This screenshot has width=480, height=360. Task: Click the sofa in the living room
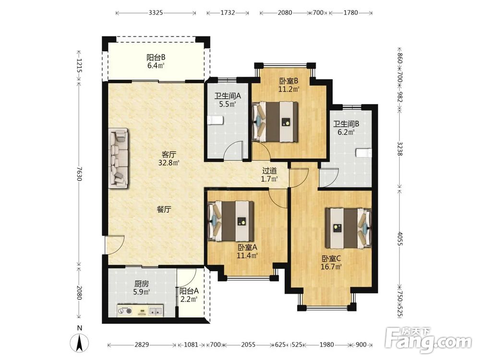pos(118,157)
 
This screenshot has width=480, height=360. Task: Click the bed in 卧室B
pos(275,121)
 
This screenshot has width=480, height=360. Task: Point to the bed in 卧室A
pos(231,221)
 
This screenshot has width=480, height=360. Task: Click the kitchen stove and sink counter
pos(140,310)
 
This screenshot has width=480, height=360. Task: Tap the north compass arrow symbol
pos(79,343)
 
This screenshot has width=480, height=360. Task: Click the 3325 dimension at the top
pos(156,13)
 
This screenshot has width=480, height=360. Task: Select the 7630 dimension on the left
pos(79,174)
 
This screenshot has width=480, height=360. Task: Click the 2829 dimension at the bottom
pos(142,345)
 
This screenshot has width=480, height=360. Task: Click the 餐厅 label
pos(164,209)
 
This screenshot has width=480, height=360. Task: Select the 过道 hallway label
pos(269,171)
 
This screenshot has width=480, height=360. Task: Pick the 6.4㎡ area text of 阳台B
pos(156,65)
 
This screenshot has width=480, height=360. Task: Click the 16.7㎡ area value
pos(331,266)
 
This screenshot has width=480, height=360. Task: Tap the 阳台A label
pos(189,291)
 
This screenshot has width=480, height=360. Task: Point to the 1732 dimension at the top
pos(228,13)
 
